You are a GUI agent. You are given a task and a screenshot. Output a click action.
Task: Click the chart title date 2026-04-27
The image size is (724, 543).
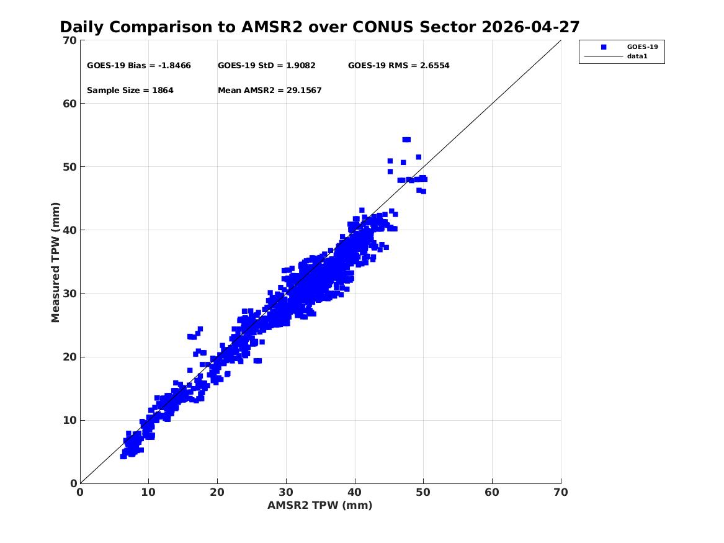pyautogui.click(x=530, y=27)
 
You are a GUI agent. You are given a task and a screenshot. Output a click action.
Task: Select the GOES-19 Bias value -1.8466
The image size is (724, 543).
pyautogui.click(x=174, y=66)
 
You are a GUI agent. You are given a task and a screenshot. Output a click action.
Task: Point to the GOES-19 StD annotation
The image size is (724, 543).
pyautogui.click(x=266, y=66)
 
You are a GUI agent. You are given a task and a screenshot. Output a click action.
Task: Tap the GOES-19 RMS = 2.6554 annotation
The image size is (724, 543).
pyautogui.click(x=398, y=66)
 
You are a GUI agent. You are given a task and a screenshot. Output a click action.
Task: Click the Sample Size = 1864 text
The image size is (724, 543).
pyautogui.click(x=130, y=91)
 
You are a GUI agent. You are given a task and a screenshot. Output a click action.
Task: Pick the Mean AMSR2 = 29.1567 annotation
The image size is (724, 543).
pyautogui.click(x=270, y=91)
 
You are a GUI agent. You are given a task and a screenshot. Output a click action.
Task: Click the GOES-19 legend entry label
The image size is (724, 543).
pyautogui.click(x=642, y=47)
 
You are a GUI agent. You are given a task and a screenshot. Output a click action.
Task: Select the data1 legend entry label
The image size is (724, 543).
pyautogui.click(x=637, y=56)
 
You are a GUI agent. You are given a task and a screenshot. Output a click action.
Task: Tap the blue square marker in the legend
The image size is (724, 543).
pyautogui.click(x=604, y=47)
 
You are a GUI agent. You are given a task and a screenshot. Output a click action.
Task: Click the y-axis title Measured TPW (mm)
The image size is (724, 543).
pyautogui.click(x=55, y=263)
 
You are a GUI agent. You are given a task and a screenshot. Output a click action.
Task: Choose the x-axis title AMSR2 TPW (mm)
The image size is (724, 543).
pyautogui.click(x=320, y=505)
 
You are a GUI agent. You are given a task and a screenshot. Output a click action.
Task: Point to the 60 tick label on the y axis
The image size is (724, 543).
pyautogui.click(x=69, y=104)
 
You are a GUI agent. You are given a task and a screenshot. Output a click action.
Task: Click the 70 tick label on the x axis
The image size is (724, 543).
pyautogui.click(x=561, y=492)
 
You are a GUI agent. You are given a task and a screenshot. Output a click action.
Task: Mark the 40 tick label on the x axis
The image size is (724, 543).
pyautogui.click(x=355, y=492)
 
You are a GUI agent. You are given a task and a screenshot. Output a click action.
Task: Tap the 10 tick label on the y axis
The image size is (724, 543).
pyautogui.click(x=69, y=420)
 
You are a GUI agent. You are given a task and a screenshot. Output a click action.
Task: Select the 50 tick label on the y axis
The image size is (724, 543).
pyautogui.click(x=69, y=167)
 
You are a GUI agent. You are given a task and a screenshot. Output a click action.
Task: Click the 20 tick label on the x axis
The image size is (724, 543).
pyautogui.click(x=217, y=492)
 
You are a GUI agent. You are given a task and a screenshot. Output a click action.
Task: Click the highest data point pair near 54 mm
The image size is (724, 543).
pyautogui.click(x=406, y=140)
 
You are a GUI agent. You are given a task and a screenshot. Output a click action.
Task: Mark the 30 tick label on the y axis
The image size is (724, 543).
pyautogui.click(x=69, y=293)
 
